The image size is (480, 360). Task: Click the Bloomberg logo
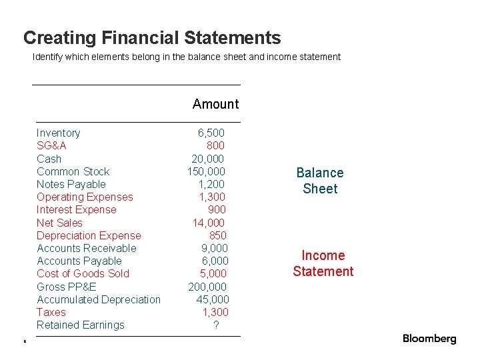click(429, 339)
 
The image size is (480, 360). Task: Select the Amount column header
click(215, 104)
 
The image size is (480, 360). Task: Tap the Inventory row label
click(58, 133)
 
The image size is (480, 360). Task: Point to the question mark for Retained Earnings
click(216, 325)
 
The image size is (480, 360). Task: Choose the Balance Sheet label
click(320, 181)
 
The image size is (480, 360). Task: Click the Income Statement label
click(323, 263)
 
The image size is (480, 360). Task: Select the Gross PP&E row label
click(66, 287)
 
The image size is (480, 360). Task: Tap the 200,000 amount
click(207, 287)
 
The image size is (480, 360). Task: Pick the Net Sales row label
click(59, 223)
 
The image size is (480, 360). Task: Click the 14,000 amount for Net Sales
click(209, 223)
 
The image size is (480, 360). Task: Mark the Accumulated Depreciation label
click(99, 299)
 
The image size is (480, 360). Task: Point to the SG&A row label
click(51, 145)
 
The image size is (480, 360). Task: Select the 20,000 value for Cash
click(208, 159)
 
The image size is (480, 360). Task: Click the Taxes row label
click(51, 312)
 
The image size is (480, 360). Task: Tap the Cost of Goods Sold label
click(83, 273)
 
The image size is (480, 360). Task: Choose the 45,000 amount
click(213, 299)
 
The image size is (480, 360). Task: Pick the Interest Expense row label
click(76, 209)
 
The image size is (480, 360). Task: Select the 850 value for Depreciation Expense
click(217, 235)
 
